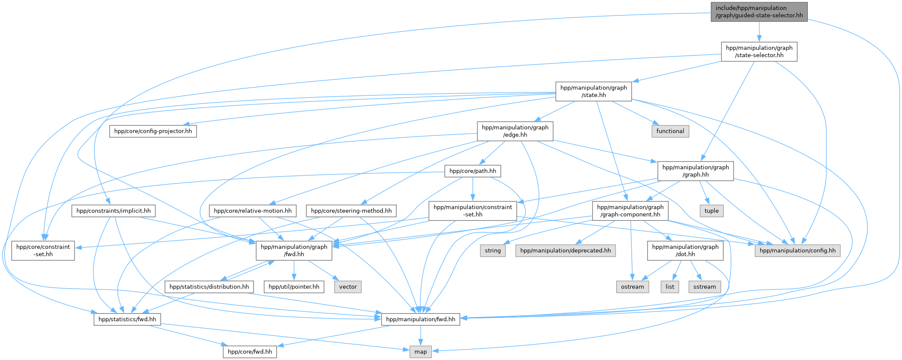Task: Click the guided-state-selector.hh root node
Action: pyautogui.click(x=759, y=12)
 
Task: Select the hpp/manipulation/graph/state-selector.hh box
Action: pyautogui.click(x=759, y=52)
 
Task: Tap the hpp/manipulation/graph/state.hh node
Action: pyautogui.click(x=593, y=91)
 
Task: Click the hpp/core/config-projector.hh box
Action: pyautogui.click(x=153, y=131)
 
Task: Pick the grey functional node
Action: pyautogui.click(x=670, y=131)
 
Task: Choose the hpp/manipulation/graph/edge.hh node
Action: pyautogui.click(x=515, y=131)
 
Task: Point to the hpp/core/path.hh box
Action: pyautogui.click(x=472, y=171)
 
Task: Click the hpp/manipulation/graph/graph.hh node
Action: pyautogui.click(x=695, y=171)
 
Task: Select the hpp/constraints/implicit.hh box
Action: pyautogui.click(x=113, y=211)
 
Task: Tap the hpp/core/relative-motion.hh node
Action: pyautogui.click(x=253, y=211)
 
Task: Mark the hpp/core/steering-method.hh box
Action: pyautogui.click(x=351, y=211)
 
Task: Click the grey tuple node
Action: pyautogui.click(x=711, y=211)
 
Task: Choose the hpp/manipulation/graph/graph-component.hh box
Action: pyautogui.click(x=630, y=211)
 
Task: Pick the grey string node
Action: pyautogui.click(x=492, y=250)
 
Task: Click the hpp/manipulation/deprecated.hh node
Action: pyautogui.click(x=565, y=250)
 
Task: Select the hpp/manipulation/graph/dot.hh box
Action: pyautogui.click(x=685, y=250)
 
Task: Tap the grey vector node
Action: pyautogui.click(x=348, y=287)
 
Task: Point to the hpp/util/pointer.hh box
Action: pyautogui.click(x=294, y=287)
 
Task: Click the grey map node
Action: pyautogui.click(x=420, y=352)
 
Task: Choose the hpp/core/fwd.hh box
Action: pyautogui.click(x=250, y=352)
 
